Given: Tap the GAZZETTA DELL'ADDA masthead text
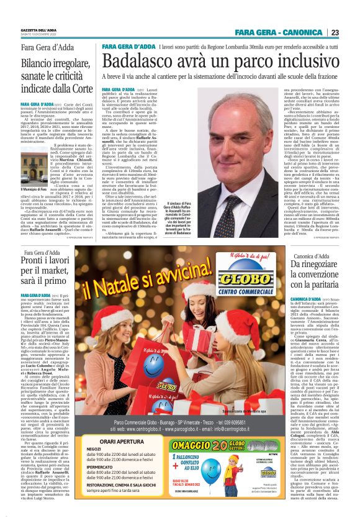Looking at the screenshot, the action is point(40,29).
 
